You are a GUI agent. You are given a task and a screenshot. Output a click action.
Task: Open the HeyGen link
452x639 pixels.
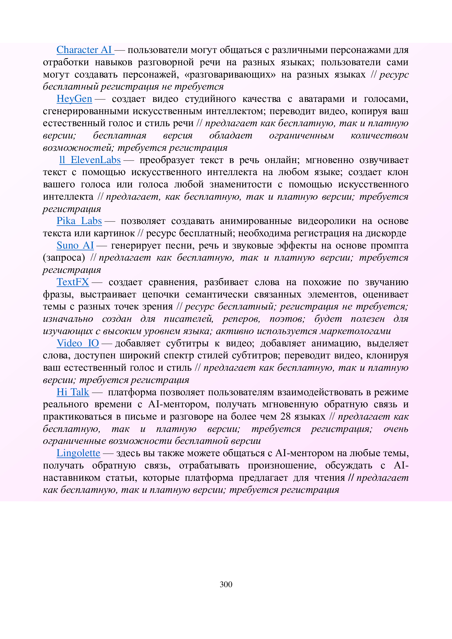point(74,99)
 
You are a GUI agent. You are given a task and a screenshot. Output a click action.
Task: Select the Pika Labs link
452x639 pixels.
point(79,221)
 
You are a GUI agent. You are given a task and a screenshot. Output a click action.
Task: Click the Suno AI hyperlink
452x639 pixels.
point(75,246)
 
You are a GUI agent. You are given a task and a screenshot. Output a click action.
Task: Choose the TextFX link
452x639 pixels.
point(73,282)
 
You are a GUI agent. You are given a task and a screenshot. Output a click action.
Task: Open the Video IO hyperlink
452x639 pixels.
point(78,343)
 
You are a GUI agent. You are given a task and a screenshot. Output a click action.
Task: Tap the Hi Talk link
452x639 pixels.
point(73,392)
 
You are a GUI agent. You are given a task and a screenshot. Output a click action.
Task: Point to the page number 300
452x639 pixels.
point(226,584)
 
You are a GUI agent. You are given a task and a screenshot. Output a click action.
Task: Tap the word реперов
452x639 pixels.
point(241,319)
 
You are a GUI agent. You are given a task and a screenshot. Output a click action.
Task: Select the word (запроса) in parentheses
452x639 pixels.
point(64,258)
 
